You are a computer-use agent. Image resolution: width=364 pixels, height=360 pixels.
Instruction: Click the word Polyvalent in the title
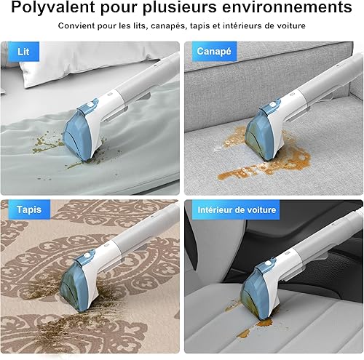point(53,7)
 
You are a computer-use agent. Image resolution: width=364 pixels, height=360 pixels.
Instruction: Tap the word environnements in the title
point(287,7)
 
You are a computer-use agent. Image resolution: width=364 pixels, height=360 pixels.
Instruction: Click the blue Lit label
point(23,52)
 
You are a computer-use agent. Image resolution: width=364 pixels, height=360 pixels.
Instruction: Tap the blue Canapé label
point(214,52)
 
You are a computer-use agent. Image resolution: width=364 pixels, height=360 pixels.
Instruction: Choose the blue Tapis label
point(29,209)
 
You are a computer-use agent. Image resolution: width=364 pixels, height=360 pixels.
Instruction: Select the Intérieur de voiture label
point(237,209)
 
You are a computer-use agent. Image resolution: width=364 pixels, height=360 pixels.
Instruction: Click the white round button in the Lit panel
point(90,105)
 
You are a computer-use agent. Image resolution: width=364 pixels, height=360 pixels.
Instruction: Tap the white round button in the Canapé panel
point(272,105)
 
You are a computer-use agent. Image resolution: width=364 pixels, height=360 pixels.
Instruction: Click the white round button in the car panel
point(267,263)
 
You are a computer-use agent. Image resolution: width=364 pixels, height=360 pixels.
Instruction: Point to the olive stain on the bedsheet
point(49,143)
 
